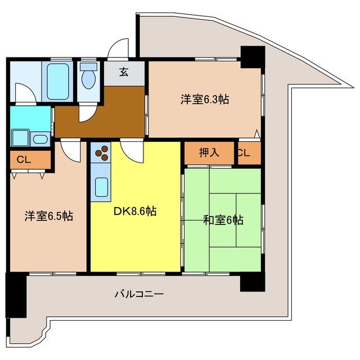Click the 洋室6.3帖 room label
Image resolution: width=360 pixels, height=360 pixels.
(x=204, y=100)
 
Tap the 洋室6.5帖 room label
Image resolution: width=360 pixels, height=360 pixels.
(x=48, y=216)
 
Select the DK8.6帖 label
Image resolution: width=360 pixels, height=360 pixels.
(x=136, y=212)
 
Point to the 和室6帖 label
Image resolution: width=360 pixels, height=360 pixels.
(x=223, y=220)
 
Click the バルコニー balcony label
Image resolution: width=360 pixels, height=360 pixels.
(x=139, y=294)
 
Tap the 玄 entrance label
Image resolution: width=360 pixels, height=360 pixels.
(x=124, y=71)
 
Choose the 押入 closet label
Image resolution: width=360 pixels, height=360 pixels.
(x=209, y=153)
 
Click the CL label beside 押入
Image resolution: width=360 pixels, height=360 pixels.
(x=244, y=153)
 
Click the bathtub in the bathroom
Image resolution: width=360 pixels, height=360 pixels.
(x=57, y=82)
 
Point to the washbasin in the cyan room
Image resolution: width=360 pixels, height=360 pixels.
(x=40, y=139)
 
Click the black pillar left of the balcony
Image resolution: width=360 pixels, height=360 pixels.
(x=16, y=295)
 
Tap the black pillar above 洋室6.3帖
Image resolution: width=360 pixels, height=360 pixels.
(x=252, y=57)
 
